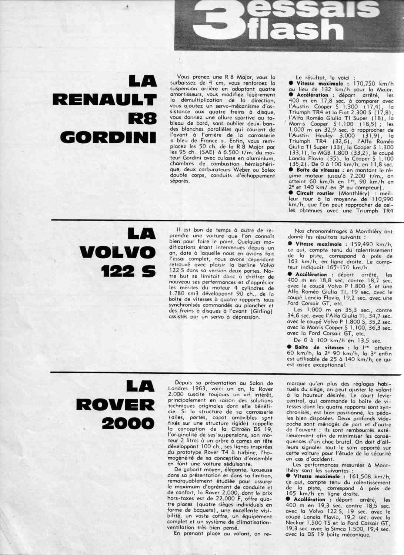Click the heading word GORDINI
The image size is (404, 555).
click(x=108, y=137)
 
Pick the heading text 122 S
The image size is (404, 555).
click(x=128, y=271)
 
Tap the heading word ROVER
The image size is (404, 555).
click(x=115, y=404)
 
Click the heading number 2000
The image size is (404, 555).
click(x=128, y=424)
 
